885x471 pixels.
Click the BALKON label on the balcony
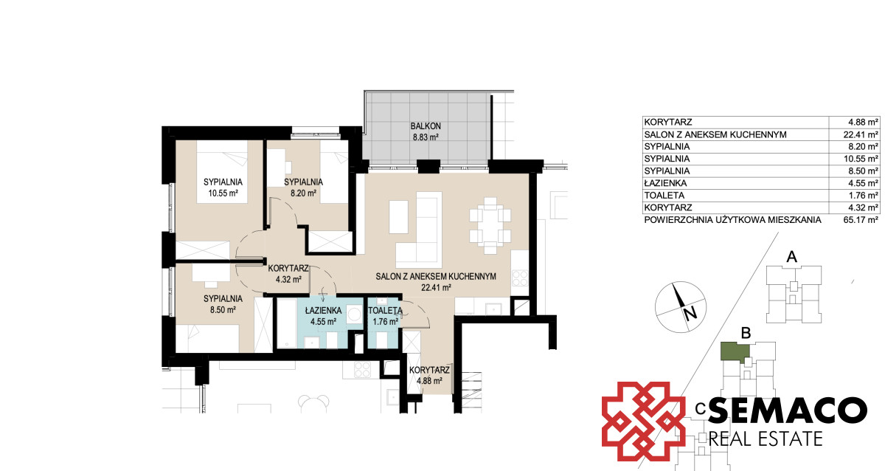(426, 126)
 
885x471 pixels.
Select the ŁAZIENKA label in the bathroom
(323, 311)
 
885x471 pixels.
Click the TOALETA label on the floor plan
(385, 311)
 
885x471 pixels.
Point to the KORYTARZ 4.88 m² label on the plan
(429, 376)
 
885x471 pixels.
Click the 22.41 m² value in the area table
(861, 134)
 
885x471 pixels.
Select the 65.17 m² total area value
(861, 220)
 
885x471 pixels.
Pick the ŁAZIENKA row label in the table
(665, 183)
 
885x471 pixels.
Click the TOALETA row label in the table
(664, 196)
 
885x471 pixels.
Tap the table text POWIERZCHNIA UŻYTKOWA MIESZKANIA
(732, 220)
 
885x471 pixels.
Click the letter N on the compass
(690, 314)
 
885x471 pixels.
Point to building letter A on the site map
(791, 257)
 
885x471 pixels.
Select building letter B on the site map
(746, 333)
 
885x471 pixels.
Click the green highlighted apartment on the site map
(735, 352)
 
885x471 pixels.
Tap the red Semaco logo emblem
(643, 422)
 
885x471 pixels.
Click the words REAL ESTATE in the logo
(766, 439)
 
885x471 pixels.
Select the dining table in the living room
(490, 225)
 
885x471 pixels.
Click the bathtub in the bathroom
(286, 323)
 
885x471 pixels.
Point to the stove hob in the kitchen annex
(519, 278)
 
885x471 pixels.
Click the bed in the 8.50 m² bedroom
(207, 338)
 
